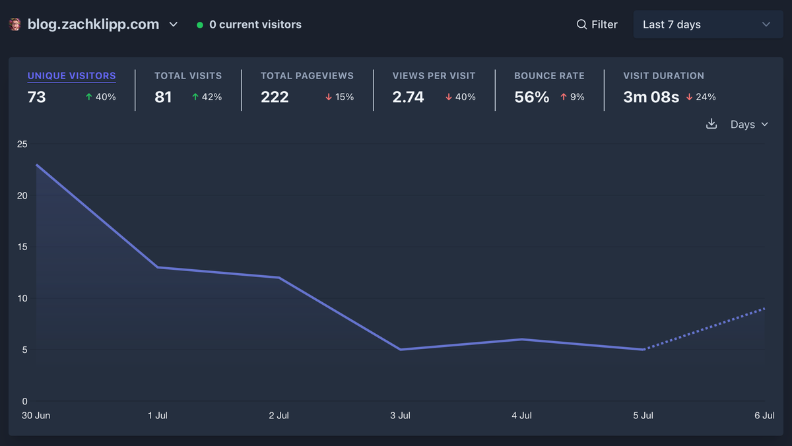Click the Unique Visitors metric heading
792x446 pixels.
(71, 76)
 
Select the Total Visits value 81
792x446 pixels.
(163, 97)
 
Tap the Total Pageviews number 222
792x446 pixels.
(275, 97)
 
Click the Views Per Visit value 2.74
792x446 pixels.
(408, 97)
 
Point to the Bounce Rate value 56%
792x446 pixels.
(531, 97)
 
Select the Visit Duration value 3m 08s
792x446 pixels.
(651, 97)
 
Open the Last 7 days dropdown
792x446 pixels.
(708, 24)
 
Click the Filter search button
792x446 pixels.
(597, 24)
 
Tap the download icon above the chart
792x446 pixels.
(711, 124)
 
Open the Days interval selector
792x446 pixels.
(749, 125)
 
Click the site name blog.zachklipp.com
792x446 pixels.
(93, 24)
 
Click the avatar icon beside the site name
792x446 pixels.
(15, 24)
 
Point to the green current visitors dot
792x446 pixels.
(200, 25)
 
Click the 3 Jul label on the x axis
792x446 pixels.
(400, 416)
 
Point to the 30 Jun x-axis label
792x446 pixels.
(36, 416)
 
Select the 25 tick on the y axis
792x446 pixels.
(22, 144)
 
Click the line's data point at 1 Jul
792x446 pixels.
(157, 267)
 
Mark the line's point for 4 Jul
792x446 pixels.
(521, 339)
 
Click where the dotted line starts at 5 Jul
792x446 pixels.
(643, 350)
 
